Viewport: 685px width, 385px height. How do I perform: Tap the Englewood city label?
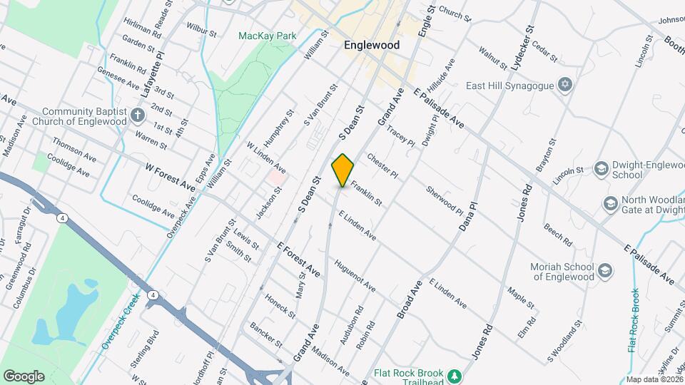[x=371, y=44]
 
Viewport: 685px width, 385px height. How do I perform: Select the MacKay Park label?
[x=267, y=35]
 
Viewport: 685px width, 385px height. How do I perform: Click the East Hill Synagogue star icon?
[x=565, y=86]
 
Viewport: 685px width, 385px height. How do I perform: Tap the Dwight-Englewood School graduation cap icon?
[x=601, y=169]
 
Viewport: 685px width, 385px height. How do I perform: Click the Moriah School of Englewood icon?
[x=604, y=271]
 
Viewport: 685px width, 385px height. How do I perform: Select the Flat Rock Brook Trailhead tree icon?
[x=452, y=374]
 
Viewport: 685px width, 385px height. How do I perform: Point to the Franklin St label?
[x=366, y=193]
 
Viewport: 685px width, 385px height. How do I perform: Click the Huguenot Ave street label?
[x=354, y=275]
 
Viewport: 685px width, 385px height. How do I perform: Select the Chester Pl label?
[x=382, y=165]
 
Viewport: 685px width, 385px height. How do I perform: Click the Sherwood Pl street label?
[x=445, y=200]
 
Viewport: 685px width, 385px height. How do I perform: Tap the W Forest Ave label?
[x=170, y=177]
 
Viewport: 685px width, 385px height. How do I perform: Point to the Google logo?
[x=24, y=376]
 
